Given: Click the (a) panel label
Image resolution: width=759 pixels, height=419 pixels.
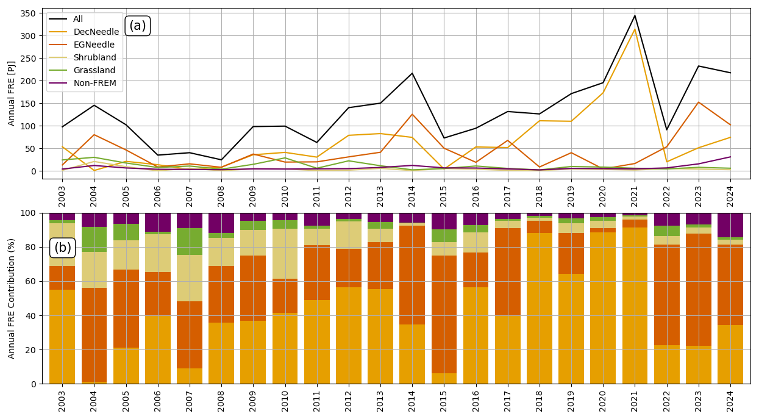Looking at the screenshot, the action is pyautogui.click(x=138, y=26).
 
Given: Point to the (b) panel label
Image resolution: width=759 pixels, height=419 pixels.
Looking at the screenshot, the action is pyautogui.click(x=62, y=248).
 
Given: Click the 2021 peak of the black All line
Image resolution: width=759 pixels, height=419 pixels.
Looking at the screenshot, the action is pyautogui.click(x=635, y=15).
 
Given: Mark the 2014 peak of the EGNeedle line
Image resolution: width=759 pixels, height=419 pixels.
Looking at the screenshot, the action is pyautogui.click(x=412, y=114).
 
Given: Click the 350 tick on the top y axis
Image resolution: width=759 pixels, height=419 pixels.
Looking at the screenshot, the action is pyautogui.click(x=28, y=13).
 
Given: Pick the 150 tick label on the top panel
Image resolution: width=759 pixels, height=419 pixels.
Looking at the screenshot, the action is pyautogui.click(x=28, y=104).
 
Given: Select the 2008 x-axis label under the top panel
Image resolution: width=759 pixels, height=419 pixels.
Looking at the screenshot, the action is pyautogui.click(x=221, y=196).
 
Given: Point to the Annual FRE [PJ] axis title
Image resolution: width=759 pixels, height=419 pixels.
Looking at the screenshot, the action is pyautogui.click(x=11, y=93).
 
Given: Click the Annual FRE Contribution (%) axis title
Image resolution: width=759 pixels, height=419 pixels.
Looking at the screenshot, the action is pyautogui.click(x=11, y=299).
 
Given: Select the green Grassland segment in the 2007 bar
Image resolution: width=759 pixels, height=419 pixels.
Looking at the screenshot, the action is pyautogui.click(x=190, y=242).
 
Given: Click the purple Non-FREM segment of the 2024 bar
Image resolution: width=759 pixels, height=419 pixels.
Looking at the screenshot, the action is pyautogui.click(x=730, y=226).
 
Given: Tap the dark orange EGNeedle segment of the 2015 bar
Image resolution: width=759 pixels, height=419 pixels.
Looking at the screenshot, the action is pyautogui.click(x=444, y=315).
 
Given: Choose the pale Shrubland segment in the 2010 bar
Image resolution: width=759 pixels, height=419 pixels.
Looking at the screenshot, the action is pyautogui.click(x=285, y=254).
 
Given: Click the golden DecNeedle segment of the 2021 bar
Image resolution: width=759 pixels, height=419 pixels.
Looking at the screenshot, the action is pyautogui.click(x=635, y=306).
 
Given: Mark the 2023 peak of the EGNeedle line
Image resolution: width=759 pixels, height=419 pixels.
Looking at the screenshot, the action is pyautogui.click(x=699, y=102).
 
